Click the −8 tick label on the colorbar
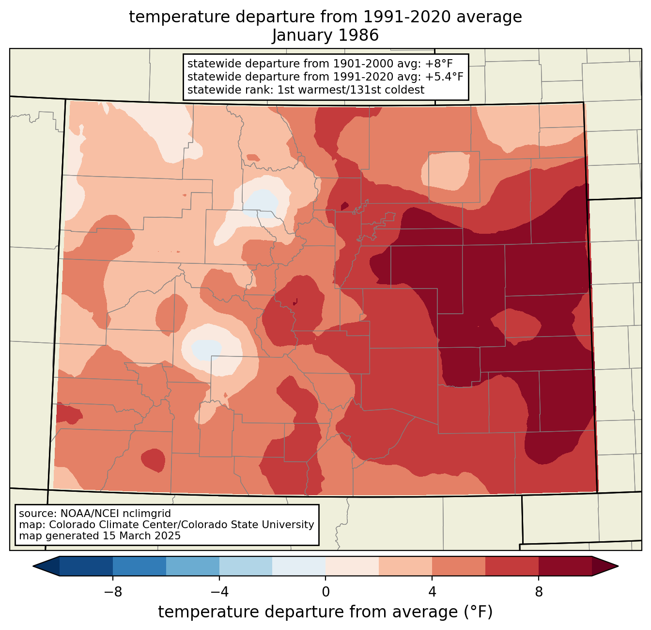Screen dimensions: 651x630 coord(113,593)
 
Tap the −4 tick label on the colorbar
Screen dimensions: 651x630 coord(219,593)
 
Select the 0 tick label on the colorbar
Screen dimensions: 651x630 coord(325,593)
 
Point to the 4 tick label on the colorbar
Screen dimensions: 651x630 coord(432,593)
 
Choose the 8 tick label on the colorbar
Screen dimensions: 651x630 coord(539,593)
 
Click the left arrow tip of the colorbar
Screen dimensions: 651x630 coord(33,566)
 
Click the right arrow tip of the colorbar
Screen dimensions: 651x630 coord(618,566)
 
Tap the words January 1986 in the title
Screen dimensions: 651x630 coord(325,35)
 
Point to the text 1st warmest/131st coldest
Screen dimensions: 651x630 coord(351,90)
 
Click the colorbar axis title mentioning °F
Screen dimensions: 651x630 coord(325,612)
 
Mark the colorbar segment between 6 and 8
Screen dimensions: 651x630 coord(512,566)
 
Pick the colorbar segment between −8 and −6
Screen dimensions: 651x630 coord(86,566)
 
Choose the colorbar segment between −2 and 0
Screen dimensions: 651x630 coord(299,566)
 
